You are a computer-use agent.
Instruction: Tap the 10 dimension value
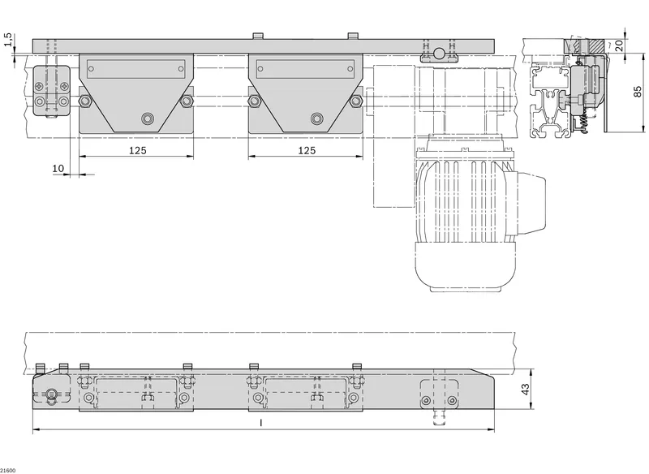[x=58, y=169]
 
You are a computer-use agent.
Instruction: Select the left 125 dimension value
[x=137, y=150]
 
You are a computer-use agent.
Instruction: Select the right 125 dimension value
[x=307, y=150]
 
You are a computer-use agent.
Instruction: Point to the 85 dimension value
[x=638, y=92]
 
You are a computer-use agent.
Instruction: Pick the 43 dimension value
[x=525, y=389]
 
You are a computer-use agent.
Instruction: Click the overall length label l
[x=260, y=423]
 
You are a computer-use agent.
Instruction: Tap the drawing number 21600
[x=7, y=470]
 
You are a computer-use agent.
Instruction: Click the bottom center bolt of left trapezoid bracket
[x=147, y=118]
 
